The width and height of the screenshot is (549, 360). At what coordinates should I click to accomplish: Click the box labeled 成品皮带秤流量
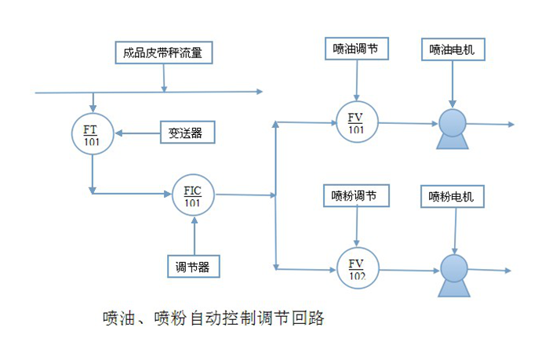click(163, 53)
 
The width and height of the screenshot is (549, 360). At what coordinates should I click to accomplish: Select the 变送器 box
click(186, 133)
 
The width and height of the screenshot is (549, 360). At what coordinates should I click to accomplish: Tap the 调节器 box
click(192, 266)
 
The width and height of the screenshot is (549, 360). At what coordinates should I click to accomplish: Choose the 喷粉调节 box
click(356, 195)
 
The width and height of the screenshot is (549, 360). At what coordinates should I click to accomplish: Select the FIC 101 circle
click(192, 195)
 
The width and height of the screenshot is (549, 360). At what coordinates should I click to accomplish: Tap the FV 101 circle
click(357, 123)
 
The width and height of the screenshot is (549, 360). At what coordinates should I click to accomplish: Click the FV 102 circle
click(357, 268)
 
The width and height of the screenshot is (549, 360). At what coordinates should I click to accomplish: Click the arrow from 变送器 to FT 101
click(136, 133)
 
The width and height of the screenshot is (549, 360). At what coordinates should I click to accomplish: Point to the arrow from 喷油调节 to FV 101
click(357, 82)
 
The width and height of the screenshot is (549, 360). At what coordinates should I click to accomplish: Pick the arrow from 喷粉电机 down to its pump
click(456, 228)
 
